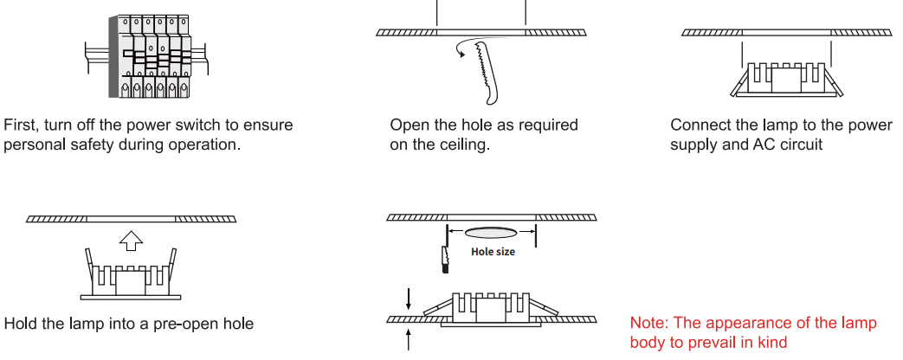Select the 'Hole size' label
click(x=493, y=252)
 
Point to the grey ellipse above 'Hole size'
click(x=491, y=232)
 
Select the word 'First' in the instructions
click(x=22, y=125)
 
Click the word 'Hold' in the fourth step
click(x=21, y=325)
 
